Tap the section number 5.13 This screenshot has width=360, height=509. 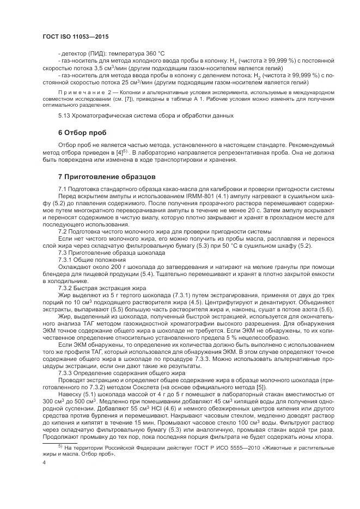click(x=65, y=115)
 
